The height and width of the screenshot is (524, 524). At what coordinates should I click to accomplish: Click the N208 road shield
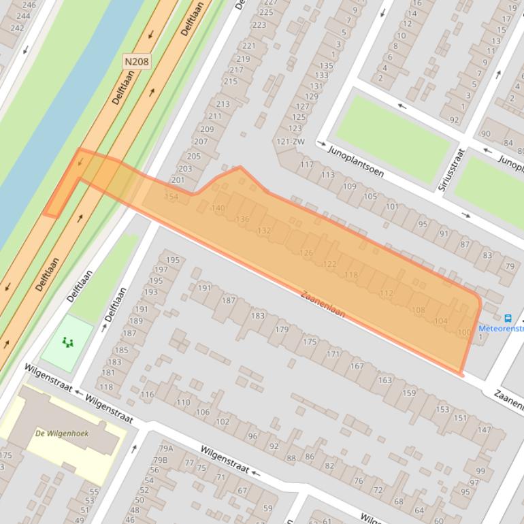(137, 62)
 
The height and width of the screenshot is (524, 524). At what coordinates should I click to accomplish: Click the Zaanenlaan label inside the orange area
(323, 304)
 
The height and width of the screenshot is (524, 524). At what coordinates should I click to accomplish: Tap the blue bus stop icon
(508, 318)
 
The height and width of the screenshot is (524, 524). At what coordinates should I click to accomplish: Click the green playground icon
(67, 342)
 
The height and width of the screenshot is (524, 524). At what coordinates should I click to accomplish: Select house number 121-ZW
(291, 142)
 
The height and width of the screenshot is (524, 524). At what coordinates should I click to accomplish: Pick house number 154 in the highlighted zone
(171, 196)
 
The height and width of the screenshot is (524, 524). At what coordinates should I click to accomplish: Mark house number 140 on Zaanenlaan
(218, 208)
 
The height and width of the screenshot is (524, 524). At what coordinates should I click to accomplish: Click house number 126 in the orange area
(306, 252)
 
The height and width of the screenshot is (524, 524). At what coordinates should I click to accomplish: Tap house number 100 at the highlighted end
(464, 332)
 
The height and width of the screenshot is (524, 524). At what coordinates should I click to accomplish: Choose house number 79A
(166, 448)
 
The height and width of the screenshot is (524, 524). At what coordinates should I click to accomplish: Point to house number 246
(29, 4)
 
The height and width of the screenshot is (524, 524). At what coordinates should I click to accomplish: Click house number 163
(385, 380)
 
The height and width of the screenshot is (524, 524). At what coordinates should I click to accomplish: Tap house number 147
(484, 429)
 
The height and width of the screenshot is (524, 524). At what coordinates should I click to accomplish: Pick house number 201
(178, 180)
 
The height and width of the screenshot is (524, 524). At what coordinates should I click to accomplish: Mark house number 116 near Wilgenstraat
(147, 395)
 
